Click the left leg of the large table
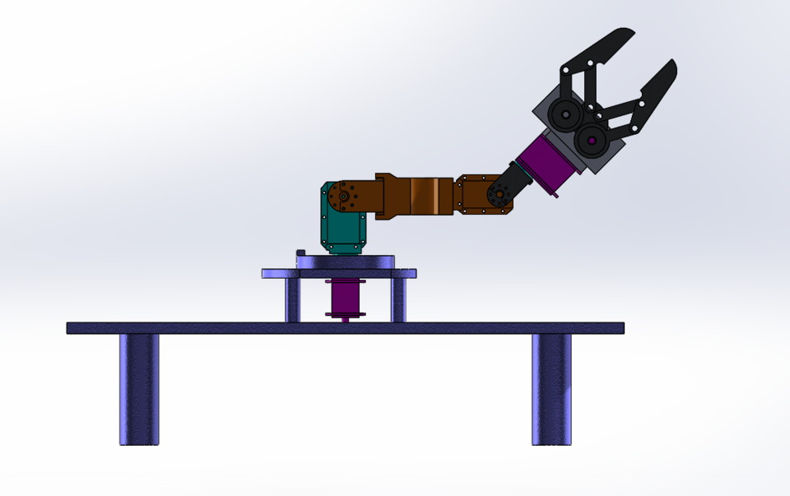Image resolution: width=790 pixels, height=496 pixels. (139, 388)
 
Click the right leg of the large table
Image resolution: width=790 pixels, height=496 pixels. (551, 388)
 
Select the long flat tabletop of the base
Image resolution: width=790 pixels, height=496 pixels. (345, 328)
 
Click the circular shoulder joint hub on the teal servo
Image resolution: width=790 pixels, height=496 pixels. (342, 197)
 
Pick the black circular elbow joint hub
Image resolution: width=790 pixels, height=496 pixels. (498, 195)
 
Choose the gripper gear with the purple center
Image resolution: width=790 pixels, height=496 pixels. (591, 139)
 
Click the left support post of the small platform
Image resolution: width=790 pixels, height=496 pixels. (292, 300)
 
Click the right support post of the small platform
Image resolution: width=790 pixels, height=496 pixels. (398, 300)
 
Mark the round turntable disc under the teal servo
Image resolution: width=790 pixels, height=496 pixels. (345, 262)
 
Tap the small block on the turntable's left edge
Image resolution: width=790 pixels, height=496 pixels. (300, 253)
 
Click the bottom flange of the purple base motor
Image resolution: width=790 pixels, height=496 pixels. (345, 314)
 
